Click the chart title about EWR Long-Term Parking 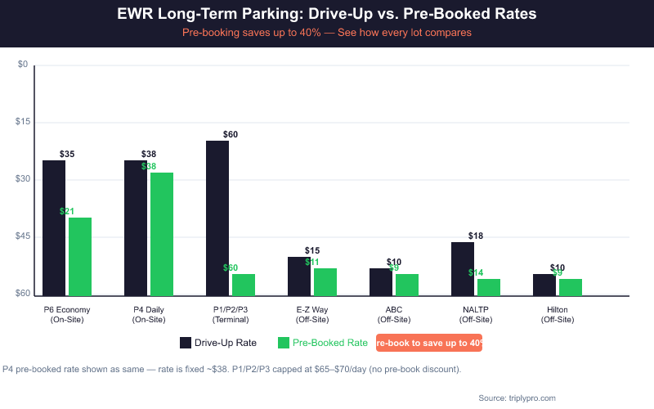coord(327,15)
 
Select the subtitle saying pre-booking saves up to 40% coord(327,33)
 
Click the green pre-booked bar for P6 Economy coord(80,256)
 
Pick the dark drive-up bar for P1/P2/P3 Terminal coord(217,218)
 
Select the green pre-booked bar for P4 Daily coord(162,234)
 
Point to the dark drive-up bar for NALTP coord(463,268)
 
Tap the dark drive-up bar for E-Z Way coord(299,276)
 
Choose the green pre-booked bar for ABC coord(407,285)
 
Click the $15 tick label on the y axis coord(23,122)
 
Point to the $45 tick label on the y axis coord(23,236)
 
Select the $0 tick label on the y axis coord(23,65)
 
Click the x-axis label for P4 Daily coord(149,314)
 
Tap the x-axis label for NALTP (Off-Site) coord(476,314)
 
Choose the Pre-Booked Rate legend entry coord(323,343)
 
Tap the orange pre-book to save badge coord(429,343)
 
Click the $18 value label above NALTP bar coord(476,236)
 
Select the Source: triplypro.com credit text coord(517,398)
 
